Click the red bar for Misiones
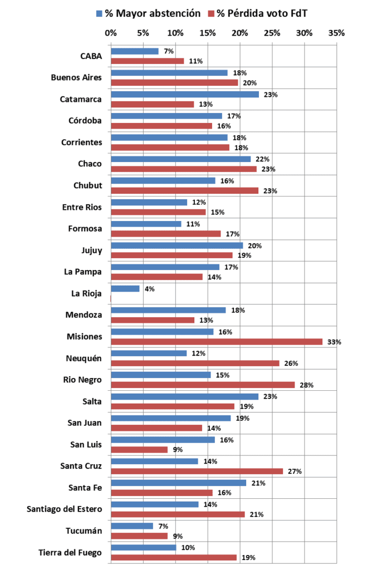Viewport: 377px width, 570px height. (x=217, y=342)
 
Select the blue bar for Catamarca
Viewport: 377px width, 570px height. (x=185, y=94)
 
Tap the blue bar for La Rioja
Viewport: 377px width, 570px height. (x=125, y=288)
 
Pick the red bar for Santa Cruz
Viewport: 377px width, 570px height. (x=197, y=471)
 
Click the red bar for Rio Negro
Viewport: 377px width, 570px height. (x=203, y=385)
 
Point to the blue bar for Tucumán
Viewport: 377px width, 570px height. (x=132, y=526)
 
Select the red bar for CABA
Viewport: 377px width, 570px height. (x=148, y=61)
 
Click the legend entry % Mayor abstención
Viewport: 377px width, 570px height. (x=148, y=13)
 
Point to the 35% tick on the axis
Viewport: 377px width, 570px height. (x=336, y=33)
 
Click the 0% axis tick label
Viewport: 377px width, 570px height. (x=111, y=33)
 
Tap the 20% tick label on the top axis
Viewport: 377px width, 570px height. (x=240, y=33)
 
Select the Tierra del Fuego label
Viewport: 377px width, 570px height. (x=70, y=552)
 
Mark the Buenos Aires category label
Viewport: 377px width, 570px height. (x=76, y=77)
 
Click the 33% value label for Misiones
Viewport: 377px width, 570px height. (x=334, y=342)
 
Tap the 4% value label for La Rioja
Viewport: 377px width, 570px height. (x=149, y=289)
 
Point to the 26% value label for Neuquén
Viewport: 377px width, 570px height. (x=291, y=363)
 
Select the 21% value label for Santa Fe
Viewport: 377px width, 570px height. (x=258, y=483)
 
